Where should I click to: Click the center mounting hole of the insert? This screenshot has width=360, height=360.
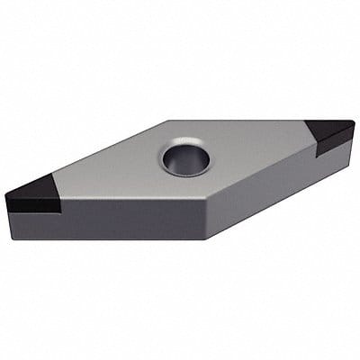185,160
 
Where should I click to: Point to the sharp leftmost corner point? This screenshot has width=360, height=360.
4,193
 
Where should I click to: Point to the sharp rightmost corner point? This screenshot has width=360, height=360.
355,125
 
